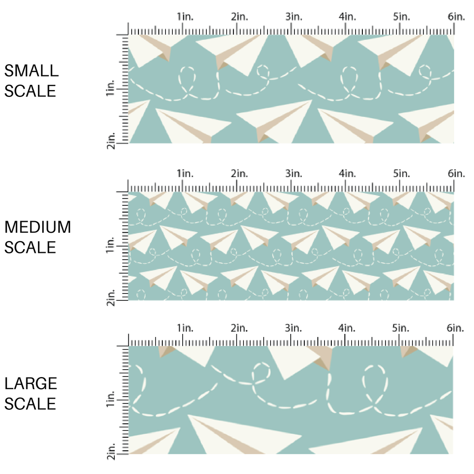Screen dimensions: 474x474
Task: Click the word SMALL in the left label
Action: (31, 71)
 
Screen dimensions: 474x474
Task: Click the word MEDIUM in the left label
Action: (37, 227)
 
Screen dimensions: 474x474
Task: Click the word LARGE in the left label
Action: (31, 383)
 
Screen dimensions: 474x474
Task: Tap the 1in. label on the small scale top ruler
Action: (185, 17)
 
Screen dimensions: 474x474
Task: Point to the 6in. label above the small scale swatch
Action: (457, 17)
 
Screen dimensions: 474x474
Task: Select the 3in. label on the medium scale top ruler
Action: (293, 173)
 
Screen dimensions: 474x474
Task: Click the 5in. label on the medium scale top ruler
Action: (402, 173)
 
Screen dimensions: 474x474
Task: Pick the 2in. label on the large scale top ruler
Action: (239, 328)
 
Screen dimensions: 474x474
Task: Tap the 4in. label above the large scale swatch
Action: (348, 328)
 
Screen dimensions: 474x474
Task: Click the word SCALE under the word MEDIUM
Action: (30, 248)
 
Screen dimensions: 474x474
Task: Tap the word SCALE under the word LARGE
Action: (30, 404)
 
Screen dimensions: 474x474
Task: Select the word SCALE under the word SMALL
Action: (30, 91)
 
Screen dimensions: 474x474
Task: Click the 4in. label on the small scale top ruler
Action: (348, 17)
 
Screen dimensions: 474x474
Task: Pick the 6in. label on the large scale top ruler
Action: (457, 328)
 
